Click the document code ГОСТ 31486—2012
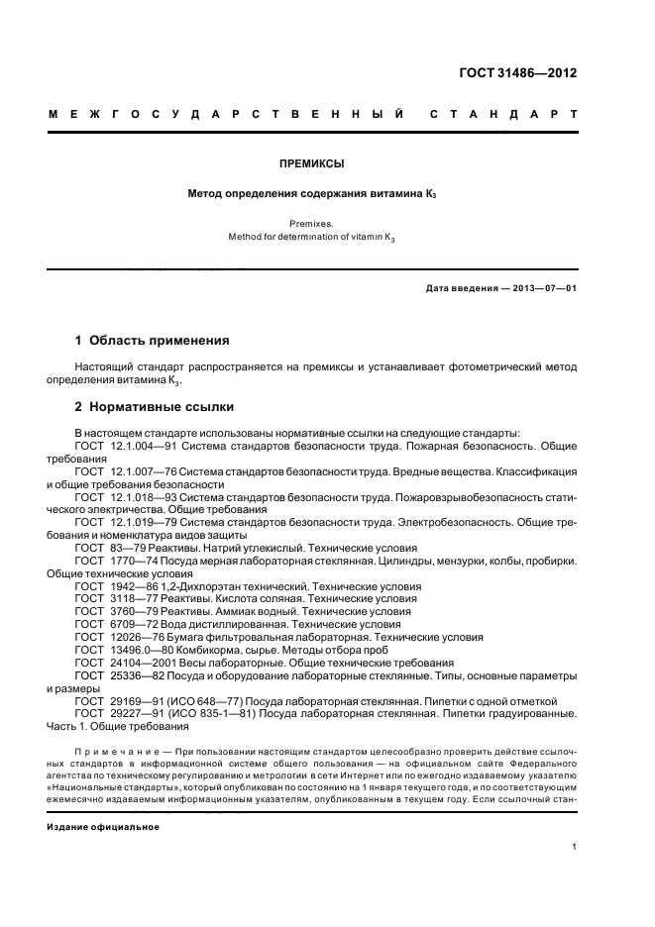518,72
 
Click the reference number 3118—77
128,599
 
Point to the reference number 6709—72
128,625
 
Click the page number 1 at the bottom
575,847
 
